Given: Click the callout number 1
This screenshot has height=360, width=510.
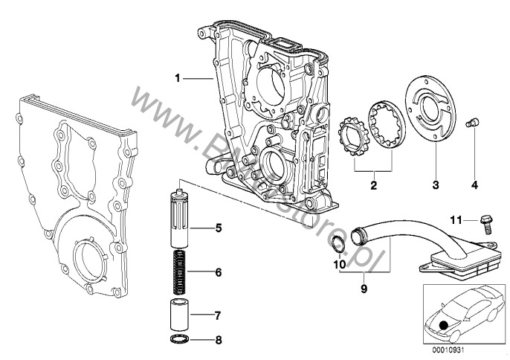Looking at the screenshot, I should [178, 77].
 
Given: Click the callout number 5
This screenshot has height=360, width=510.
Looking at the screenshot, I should [219, 228].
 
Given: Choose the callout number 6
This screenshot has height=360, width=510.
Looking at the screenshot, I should [219, 272].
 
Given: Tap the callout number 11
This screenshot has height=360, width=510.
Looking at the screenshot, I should [458, 219].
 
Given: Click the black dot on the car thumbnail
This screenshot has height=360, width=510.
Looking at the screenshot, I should [444, 325].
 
